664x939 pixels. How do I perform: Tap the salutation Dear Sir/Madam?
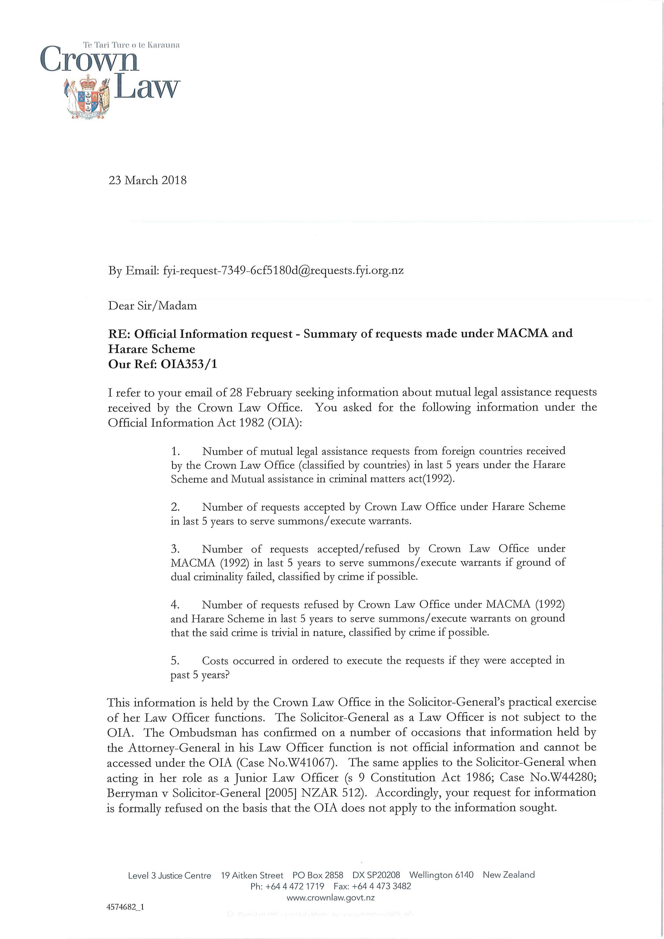coord(152,306)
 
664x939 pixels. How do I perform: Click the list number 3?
coord(175,549)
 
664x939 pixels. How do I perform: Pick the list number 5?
coord(175,661)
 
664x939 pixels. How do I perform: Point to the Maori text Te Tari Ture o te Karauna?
coord(131,45)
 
